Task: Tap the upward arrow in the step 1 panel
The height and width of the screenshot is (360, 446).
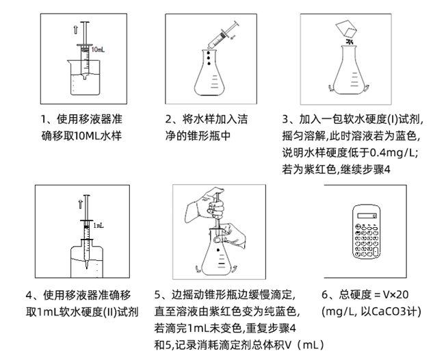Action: click(x=73, y=31)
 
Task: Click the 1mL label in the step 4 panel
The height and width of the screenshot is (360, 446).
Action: click(x=99, y=224)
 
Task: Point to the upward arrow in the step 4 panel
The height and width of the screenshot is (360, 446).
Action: click(x=81, y=203)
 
